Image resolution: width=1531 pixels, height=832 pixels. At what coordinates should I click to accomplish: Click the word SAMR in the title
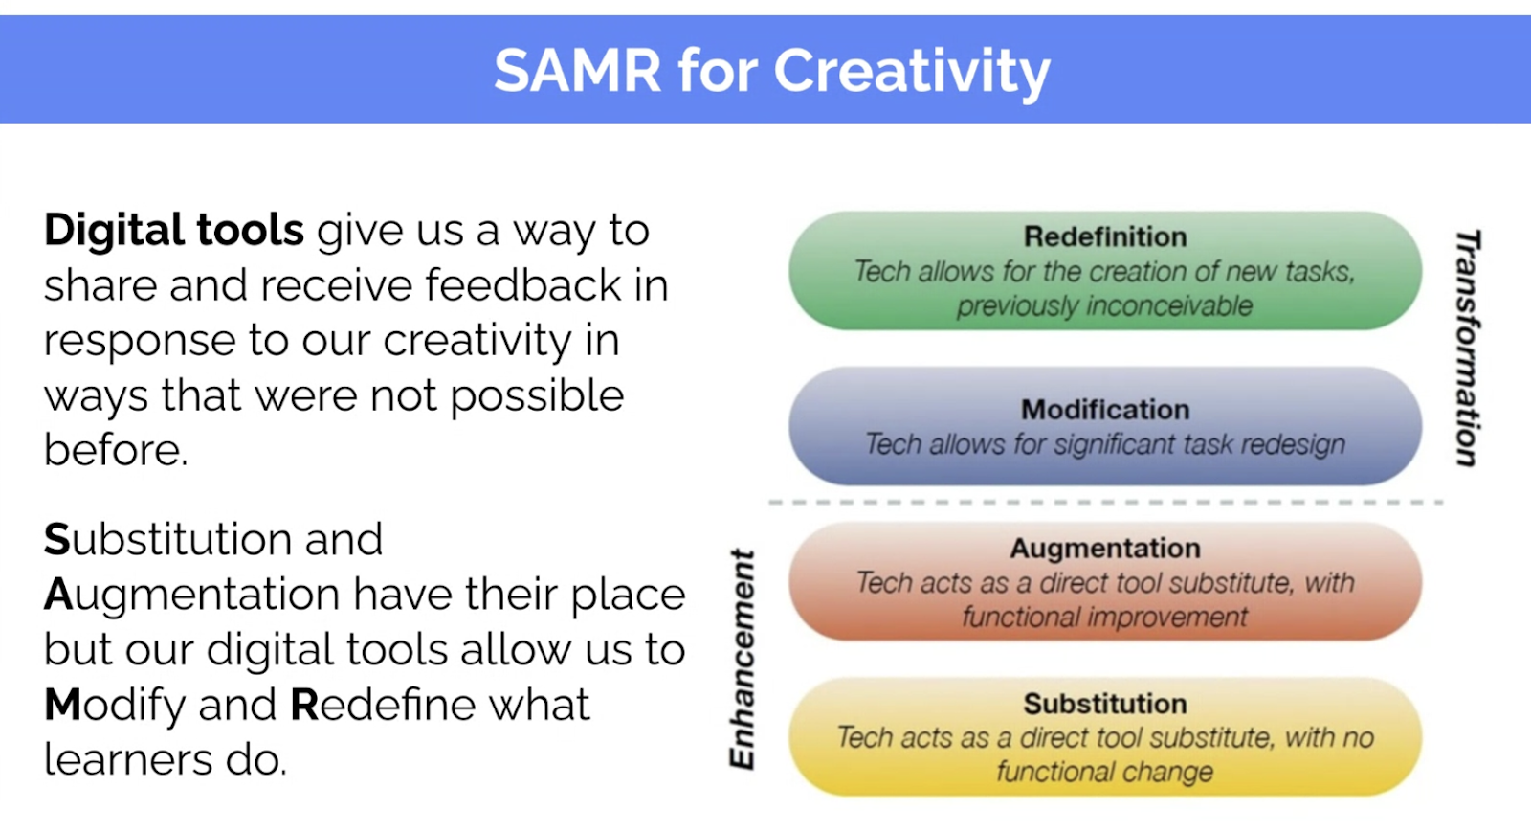[578, 70]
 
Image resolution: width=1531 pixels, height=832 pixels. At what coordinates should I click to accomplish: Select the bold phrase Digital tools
[173, 230]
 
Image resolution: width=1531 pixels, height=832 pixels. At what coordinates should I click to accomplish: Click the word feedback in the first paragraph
[522, 284]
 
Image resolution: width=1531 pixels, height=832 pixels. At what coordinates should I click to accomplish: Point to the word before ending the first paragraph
[116, 450]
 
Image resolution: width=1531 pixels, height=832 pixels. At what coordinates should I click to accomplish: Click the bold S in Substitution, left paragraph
[57, 539]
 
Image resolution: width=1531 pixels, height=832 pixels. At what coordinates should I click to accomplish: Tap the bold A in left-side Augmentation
[58, 594]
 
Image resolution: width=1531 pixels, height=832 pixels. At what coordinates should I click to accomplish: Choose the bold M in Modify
[62, 704]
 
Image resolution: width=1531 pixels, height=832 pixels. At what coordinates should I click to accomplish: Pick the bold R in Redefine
[304, 704]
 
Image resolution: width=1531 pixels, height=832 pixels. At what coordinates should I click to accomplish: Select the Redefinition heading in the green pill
[1105, 236]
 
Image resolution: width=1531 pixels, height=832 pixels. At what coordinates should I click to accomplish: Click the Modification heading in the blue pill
[1105, 410]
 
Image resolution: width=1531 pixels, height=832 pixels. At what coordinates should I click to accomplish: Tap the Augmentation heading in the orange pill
[1105, 549]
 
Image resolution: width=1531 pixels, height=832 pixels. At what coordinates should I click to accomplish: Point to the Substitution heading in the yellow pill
[1105, 704]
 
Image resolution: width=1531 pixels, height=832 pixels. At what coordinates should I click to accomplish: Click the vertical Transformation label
[1468, 349]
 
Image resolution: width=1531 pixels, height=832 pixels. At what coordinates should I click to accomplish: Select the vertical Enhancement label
[743, 659]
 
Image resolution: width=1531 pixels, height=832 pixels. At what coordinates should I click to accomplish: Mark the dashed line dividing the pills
[1106, 502]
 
